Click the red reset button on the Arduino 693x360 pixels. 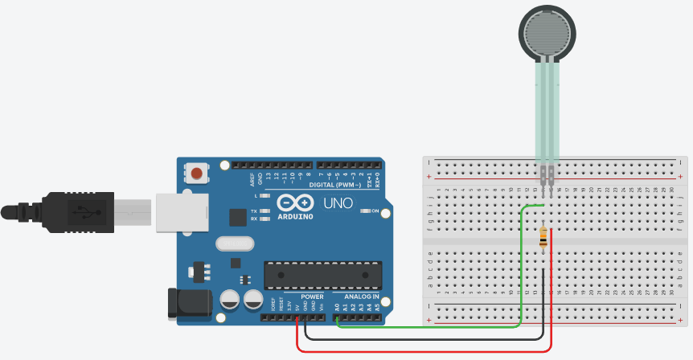[196, 172]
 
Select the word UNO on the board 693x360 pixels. [338, 203]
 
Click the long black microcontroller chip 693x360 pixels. [322, 274]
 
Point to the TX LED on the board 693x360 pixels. [254, 211]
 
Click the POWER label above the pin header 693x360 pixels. [312, 297]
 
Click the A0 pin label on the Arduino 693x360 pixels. [337, 307]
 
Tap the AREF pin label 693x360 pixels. [252, 178]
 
